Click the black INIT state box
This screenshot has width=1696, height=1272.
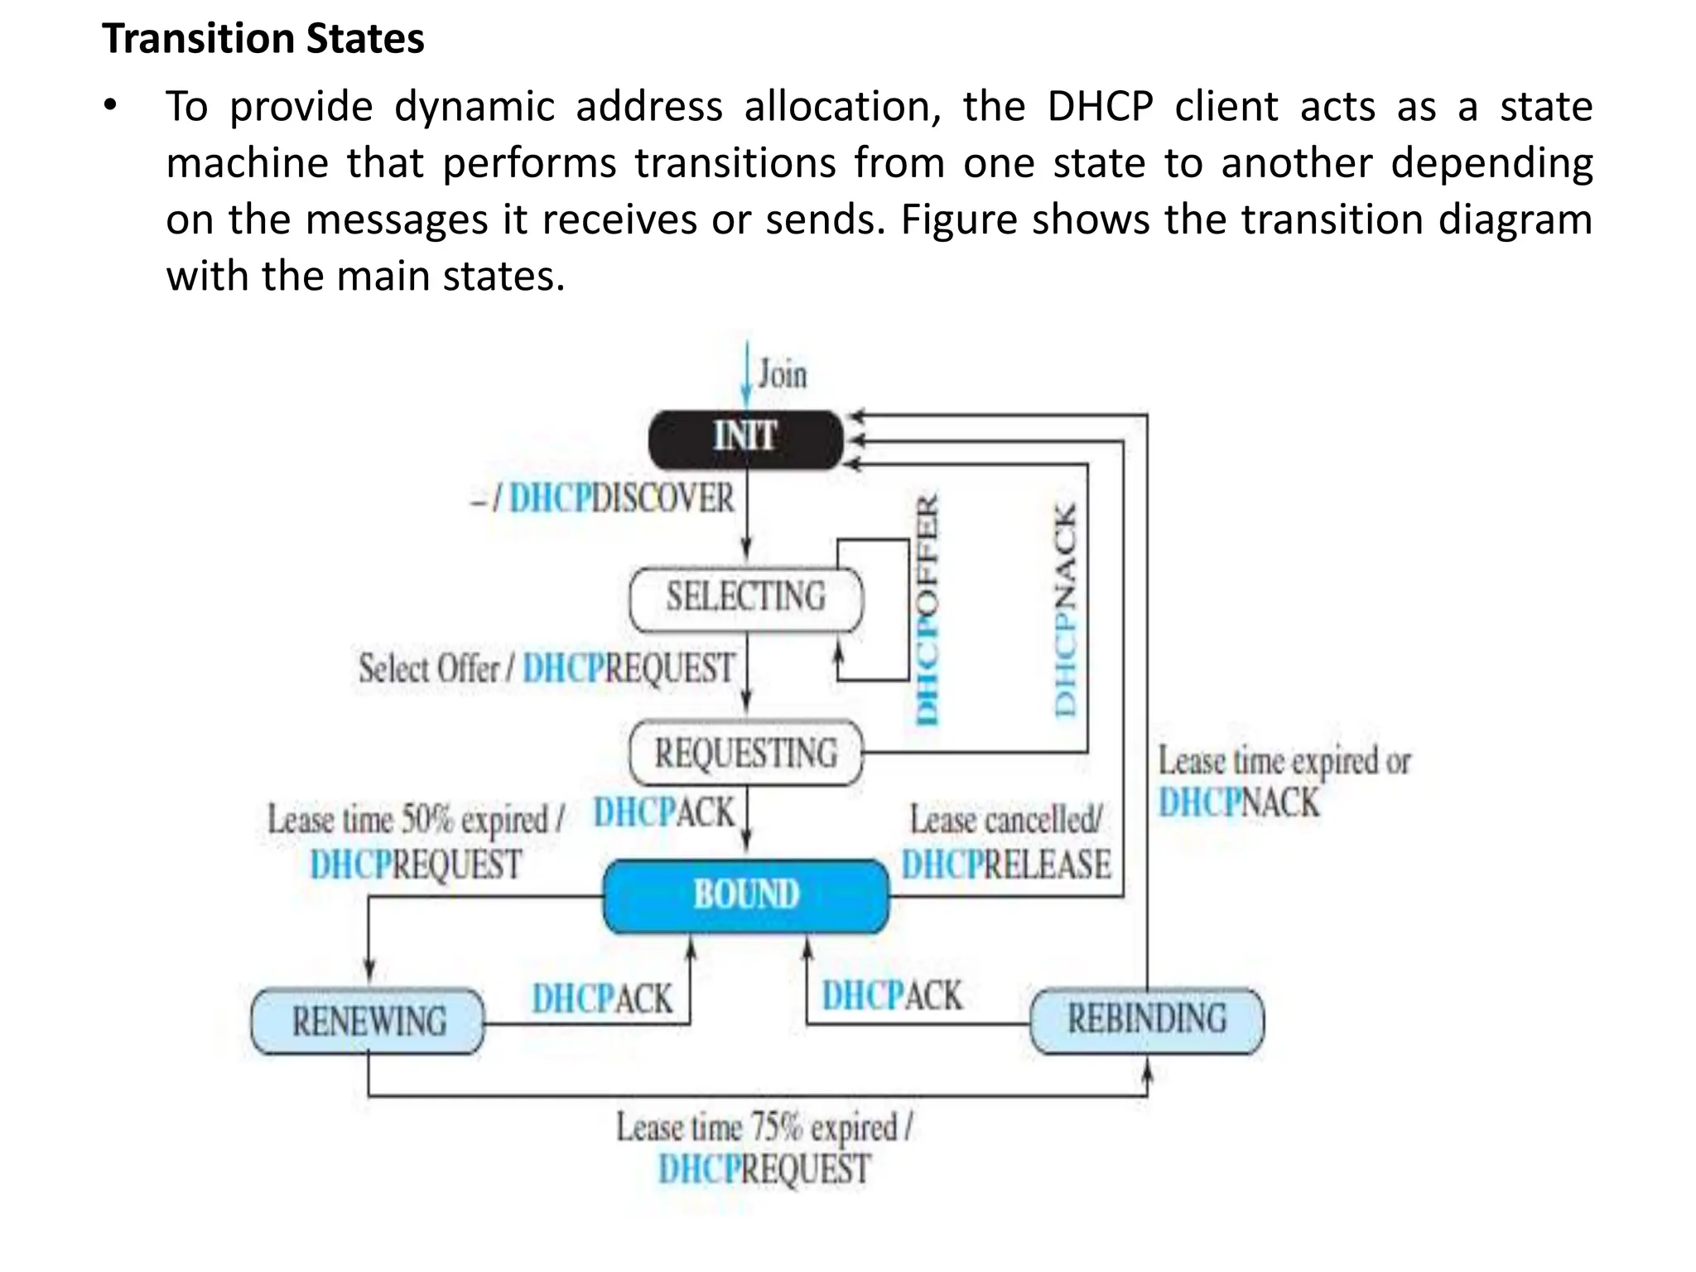pyautogui.click(x=745, y=438)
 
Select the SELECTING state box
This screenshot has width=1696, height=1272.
pyautogui.click(x=745, y=598)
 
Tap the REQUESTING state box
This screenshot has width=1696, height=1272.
pyautogui.click(x=745, y=754)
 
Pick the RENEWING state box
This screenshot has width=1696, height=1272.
pyautogui.click(x=368, y=1022)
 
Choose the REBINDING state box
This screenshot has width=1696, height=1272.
pyautogui.click(x=1147, y=1020)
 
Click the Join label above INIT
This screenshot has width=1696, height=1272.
pyautogui.click(x=782, y=374)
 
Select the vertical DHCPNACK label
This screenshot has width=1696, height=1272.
pyautogui.click(x=1065, y=610)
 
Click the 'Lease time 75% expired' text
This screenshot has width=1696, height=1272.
pyautogui.click(x=764, y=1128)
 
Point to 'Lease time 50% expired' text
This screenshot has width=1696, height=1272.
pyautogui.click(x=415, y=821)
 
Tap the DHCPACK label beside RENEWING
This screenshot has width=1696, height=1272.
pyautogui.click(x=602, y=1000)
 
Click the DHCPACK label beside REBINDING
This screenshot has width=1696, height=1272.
pyautogui.click(x=892, y=996)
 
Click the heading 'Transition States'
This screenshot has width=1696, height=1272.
pyautogui.click(x=263, y=39)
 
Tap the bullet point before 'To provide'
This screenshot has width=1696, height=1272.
pyautogui.click(x=110, y=106)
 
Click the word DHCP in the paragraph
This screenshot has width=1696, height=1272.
pyautogui.click(x=1100, y=107)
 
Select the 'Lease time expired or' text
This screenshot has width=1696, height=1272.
pyautogui.click(x=1284, y=761)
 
